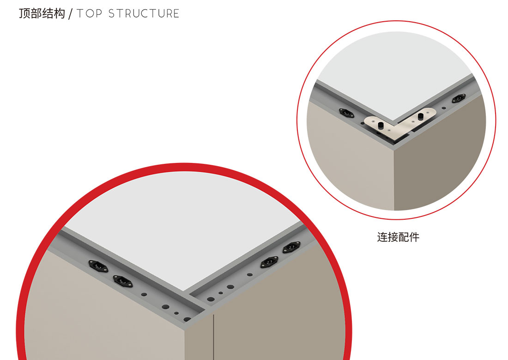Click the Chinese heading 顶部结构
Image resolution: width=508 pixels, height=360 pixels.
tap(42, 13)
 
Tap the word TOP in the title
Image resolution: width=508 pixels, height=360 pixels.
tap(90, 13)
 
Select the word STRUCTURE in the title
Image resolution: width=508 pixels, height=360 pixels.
tap(144, 13)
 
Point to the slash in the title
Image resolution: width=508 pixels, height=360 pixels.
tap(71, 14)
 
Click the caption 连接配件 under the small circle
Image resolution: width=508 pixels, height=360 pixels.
tap(398, 237)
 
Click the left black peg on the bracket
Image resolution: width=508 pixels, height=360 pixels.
tap(381, 125)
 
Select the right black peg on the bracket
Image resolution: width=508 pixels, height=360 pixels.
tap(421, 116)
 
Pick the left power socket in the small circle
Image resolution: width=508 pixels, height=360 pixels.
tap(346, 113)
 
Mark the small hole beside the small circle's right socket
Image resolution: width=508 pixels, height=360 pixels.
tap(444, 108)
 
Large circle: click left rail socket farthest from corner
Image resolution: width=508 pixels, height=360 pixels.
tap(98, 266)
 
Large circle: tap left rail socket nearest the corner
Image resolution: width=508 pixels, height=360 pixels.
tap(123, 282)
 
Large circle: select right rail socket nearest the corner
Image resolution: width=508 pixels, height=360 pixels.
tap(270, 262)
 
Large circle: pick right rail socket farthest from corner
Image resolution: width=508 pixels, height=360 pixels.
tap(291, 247)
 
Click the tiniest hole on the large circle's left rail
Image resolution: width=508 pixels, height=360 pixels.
tap(176, 313)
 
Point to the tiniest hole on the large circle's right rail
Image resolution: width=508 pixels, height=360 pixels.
tap(221, 293)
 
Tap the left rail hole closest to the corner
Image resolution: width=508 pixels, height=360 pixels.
tap(187, 319)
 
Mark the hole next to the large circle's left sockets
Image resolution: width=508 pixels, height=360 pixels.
tap(144, 294)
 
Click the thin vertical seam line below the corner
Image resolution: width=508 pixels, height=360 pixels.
tap(213, 336)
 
